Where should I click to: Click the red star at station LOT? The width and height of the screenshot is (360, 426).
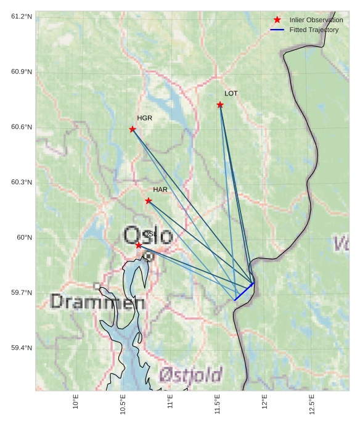pyautogui.click(x=220, y=105)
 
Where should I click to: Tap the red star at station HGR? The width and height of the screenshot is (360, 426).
pyautogui.click(x=133, y=129)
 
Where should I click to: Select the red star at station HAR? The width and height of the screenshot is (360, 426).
pyautogui.click(x=149, y=200)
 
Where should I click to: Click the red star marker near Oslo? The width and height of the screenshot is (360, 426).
pyautogui.click(x=139, y=245)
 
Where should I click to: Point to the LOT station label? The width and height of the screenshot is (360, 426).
pyautogui.click(x=231, y=94)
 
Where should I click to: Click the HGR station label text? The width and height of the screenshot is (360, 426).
pyautogui.click(x=144, y=118)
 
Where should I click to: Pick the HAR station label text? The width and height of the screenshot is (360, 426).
pyautogui.click(x=160, y=189)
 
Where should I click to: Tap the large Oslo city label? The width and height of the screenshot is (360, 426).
pyautogui.click(x=148, y=235)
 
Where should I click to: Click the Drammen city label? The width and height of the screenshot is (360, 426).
pyautogui.click(x=97, y=302)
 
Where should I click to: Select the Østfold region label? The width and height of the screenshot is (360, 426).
pyautogui.click(x=190, y=374)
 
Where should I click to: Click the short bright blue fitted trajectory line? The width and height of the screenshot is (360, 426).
pyautogui.click(x=244, y=292)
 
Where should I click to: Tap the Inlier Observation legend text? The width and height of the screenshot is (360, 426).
pyautogui.click(x=316, y=20)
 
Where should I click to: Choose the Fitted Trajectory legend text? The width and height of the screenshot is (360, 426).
pyautogui.click(x=314, y=30)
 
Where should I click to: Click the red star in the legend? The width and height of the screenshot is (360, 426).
pyautogui.click(x=277, y=20)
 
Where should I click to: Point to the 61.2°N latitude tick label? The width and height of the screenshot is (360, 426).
pyautogui.click(x=22, y=16)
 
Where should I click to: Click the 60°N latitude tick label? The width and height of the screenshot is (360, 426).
pyautogui.click(x=24, y=237)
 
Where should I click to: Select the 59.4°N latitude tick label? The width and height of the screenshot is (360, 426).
pyautogui.click(x=22, y=348)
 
